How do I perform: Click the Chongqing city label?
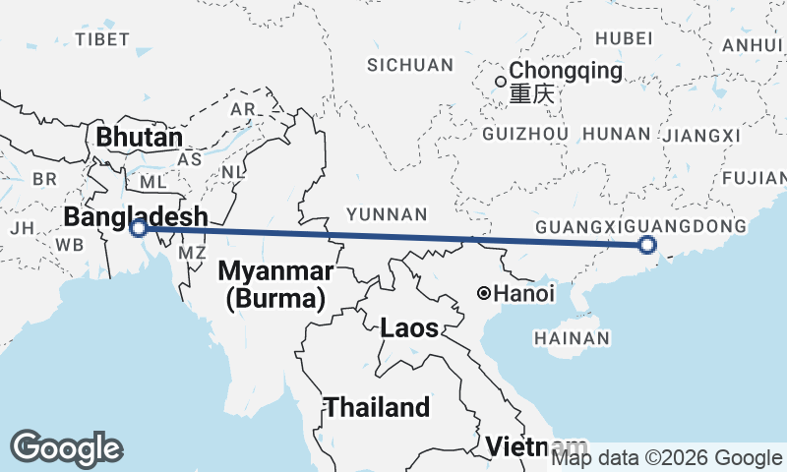click(x=567, y=72)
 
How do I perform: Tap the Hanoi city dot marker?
click(x=484, y=293)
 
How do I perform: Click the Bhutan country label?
click(x=139, y=138)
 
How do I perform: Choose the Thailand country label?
click(x=378, y=407)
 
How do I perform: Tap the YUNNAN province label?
click(x=386, y=214)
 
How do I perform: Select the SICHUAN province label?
click(x=410, y=66)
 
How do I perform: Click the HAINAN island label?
click(x=572, y=338)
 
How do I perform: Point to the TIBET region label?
click(x=102, y=39)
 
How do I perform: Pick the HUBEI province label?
click(x=624, y=38)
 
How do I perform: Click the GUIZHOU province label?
click(x=527, y=134)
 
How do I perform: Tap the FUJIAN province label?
click(x=754, y=178)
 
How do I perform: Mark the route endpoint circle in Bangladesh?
click(x=140, y=229)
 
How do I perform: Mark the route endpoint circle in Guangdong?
click(x=647, y=245)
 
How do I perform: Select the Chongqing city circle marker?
click(x=501, y=82)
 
